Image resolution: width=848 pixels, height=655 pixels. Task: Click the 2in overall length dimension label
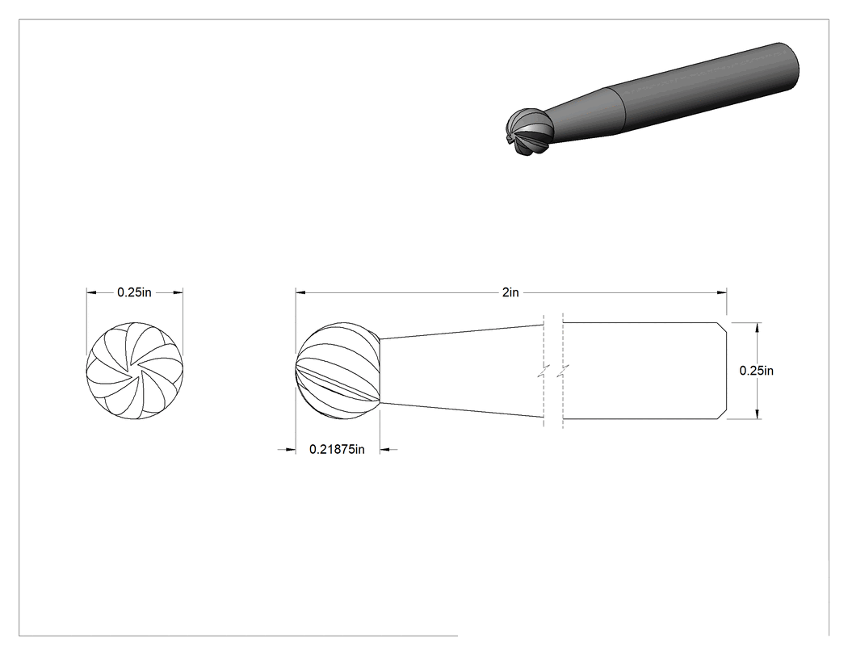coord(510,292)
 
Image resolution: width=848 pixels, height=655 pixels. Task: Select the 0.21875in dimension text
coord(337,450)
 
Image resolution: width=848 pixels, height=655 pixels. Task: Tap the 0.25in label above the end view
coord(135,292)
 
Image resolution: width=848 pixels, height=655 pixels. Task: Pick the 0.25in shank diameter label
coord(757,371)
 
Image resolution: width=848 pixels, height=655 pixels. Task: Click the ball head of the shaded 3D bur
coord(529,132)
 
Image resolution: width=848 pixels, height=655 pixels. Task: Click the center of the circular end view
coord(135,371)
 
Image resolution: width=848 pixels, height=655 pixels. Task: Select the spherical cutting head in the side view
coord(338,371)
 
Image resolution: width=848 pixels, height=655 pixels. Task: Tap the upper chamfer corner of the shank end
coord(720,323)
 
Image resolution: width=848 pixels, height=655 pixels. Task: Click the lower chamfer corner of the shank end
coord(720,419)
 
